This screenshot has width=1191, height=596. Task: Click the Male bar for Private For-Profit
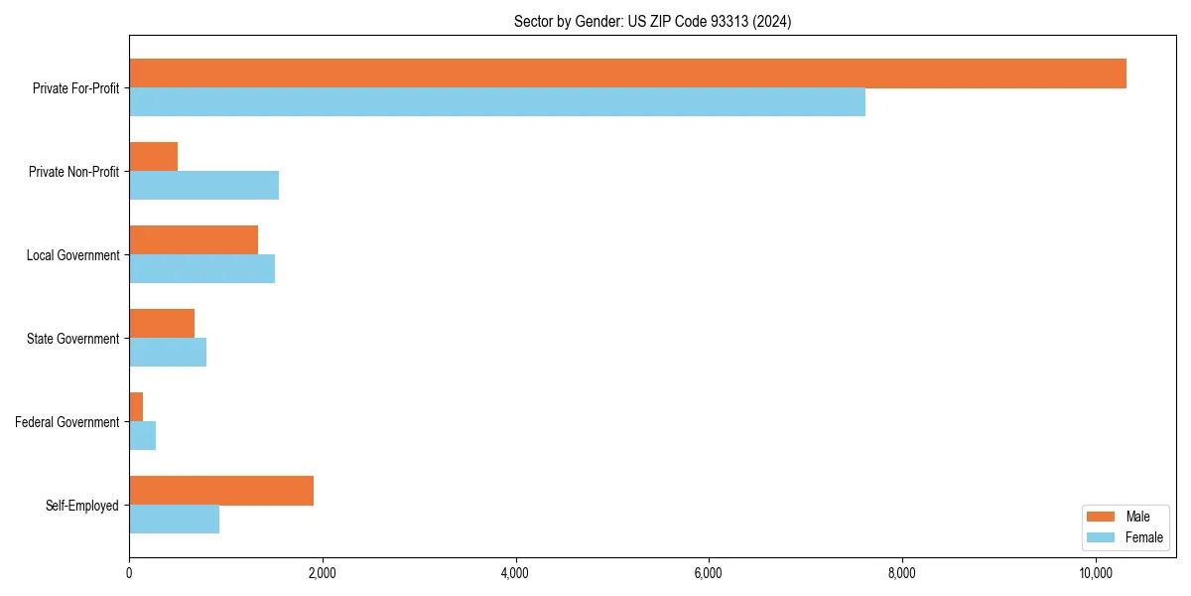click(x=627, y=74)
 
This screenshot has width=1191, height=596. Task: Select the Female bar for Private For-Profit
click(x=496, y=102)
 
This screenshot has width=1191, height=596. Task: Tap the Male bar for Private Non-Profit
click(x=153, y=157)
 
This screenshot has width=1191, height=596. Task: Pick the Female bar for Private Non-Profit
click(x=203, y=186)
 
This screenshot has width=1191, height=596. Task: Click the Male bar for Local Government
click(x=194, y=240)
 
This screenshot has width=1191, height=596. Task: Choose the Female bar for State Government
click(x=168, y=353)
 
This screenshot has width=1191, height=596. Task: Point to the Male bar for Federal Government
click(x=136, y=407)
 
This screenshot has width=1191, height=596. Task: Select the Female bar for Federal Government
click(x=142, y=436)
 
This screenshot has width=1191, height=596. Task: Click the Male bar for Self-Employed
click(x=221, y=491)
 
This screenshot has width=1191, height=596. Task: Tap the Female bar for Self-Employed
click(x=174, y=520)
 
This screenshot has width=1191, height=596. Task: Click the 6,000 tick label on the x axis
click(x=709, y=573)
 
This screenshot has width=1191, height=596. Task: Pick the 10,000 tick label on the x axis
click(x=1095, y=573)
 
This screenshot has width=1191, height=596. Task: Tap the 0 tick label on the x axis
click(x=129, y=573)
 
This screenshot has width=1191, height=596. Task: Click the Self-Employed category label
click(x=81, y=506)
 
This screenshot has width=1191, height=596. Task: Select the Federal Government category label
click(x=67, y=422)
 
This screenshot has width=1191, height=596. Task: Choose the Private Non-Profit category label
click(x=73, y=172)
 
